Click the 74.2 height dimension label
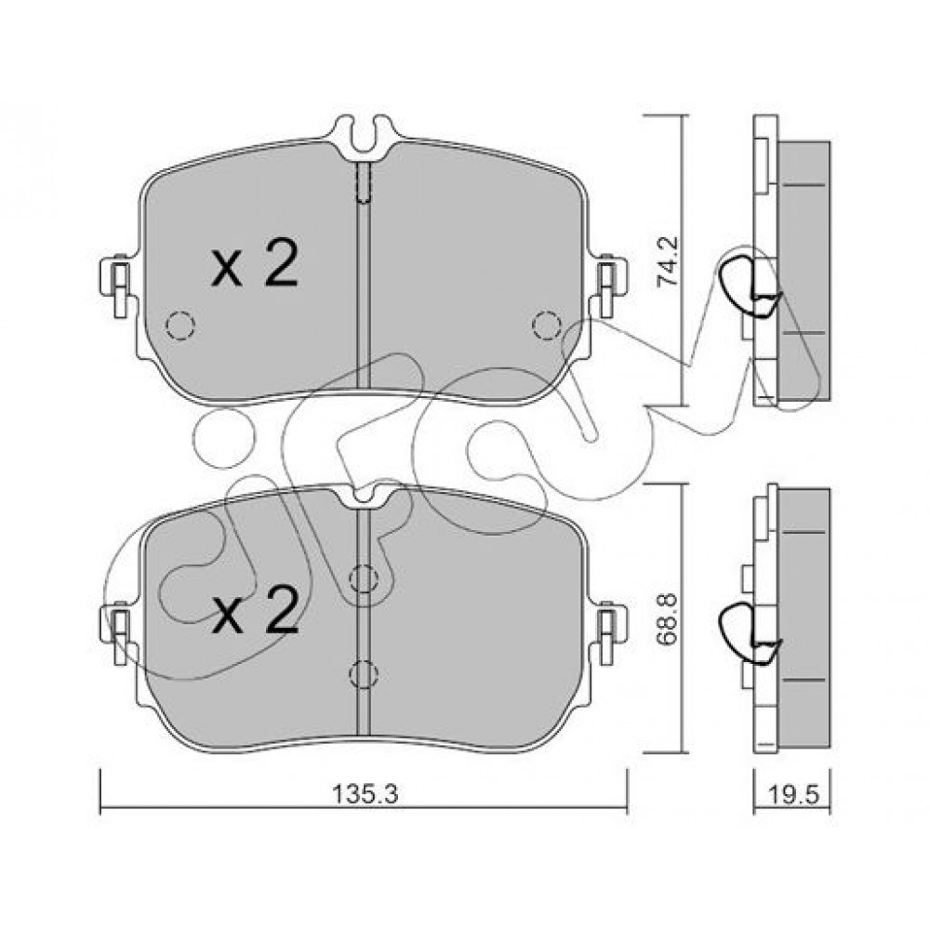(669, 261)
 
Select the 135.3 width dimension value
(364, 794)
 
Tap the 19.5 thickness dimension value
(791, 794)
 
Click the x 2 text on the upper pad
(255, 264)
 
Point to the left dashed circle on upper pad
(180, 325)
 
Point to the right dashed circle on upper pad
(546, 325)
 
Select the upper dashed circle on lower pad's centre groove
(364, 578)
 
